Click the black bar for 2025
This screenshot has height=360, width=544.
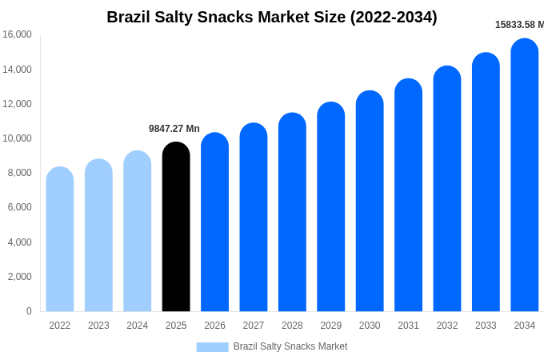pos(176,228)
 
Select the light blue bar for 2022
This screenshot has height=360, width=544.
pos(60,240)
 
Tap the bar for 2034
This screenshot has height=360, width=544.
pos(525,176)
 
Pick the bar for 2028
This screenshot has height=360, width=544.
pos(292,213)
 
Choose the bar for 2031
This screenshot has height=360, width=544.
pos(408,196)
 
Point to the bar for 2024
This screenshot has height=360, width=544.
pos(138,232)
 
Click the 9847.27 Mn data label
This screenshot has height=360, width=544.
pos(174,129)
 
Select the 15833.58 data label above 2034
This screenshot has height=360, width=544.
pos(519,25)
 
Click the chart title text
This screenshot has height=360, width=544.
pos(272,17)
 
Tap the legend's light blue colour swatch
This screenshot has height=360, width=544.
pos(212,346)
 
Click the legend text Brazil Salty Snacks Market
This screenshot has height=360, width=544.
pos(290,346)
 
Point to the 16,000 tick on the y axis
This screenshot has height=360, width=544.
pos(17,34)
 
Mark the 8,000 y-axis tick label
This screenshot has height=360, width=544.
pos(19,173)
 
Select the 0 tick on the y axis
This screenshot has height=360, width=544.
pos(29,311)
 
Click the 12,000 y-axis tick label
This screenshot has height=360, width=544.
pos(17,104)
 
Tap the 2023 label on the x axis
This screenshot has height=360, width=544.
pos(98,326)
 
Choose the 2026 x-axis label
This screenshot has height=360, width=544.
pos(214,326)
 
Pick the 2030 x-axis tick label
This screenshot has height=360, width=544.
pos(370,326)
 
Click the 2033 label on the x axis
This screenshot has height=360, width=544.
pos(486,326)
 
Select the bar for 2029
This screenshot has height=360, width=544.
pos(330,208)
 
